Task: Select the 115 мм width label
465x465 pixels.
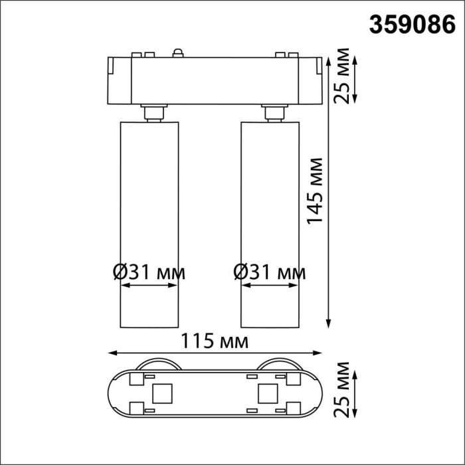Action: click(x=215, y=341)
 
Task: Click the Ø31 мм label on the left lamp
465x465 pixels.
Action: click(x=149, y=272)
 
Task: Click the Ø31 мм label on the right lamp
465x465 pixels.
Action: click(x=270, y=272)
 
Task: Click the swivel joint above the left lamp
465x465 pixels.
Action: click(x=152, y=112)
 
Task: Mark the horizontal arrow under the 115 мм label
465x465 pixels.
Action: click(x=215, y=353)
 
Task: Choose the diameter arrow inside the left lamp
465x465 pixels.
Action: click(x=150, y=287)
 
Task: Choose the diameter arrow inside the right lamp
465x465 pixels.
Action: click(x=270, y=287)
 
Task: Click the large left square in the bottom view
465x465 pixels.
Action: click(x=162, y=394)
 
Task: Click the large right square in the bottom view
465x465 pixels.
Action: click(x=268, y=394)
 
